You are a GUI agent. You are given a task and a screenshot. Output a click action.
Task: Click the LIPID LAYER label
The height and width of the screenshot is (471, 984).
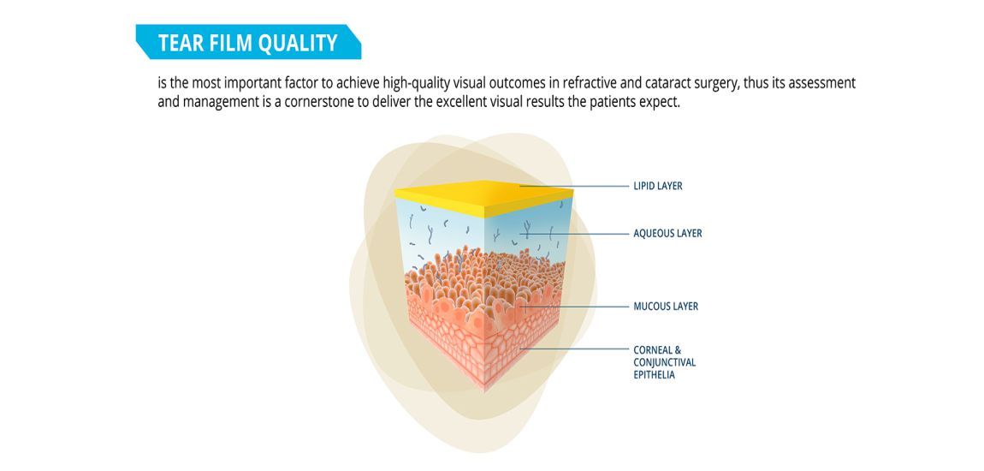coord(658,187)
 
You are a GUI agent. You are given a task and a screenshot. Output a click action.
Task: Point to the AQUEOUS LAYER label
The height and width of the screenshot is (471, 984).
coord(667,234)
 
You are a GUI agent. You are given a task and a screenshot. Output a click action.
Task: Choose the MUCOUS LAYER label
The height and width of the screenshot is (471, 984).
coord(666,307)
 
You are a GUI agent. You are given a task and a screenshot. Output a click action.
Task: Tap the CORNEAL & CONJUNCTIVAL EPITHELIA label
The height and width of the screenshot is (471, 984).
coord(665,362)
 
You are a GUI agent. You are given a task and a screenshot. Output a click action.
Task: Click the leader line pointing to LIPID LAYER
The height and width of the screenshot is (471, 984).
coord(573,187)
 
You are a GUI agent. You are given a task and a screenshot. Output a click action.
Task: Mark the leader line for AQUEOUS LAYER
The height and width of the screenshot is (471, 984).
coord(573,234)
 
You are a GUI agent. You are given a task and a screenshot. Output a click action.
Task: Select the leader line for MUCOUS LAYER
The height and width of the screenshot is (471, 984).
coord(573,307)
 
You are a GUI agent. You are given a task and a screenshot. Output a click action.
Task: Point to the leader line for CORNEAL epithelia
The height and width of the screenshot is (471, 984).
coord(573,349)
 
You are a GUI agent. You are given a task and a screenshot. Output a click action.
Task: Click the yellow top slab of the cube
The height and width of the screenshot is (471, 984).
coord(483,197)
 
